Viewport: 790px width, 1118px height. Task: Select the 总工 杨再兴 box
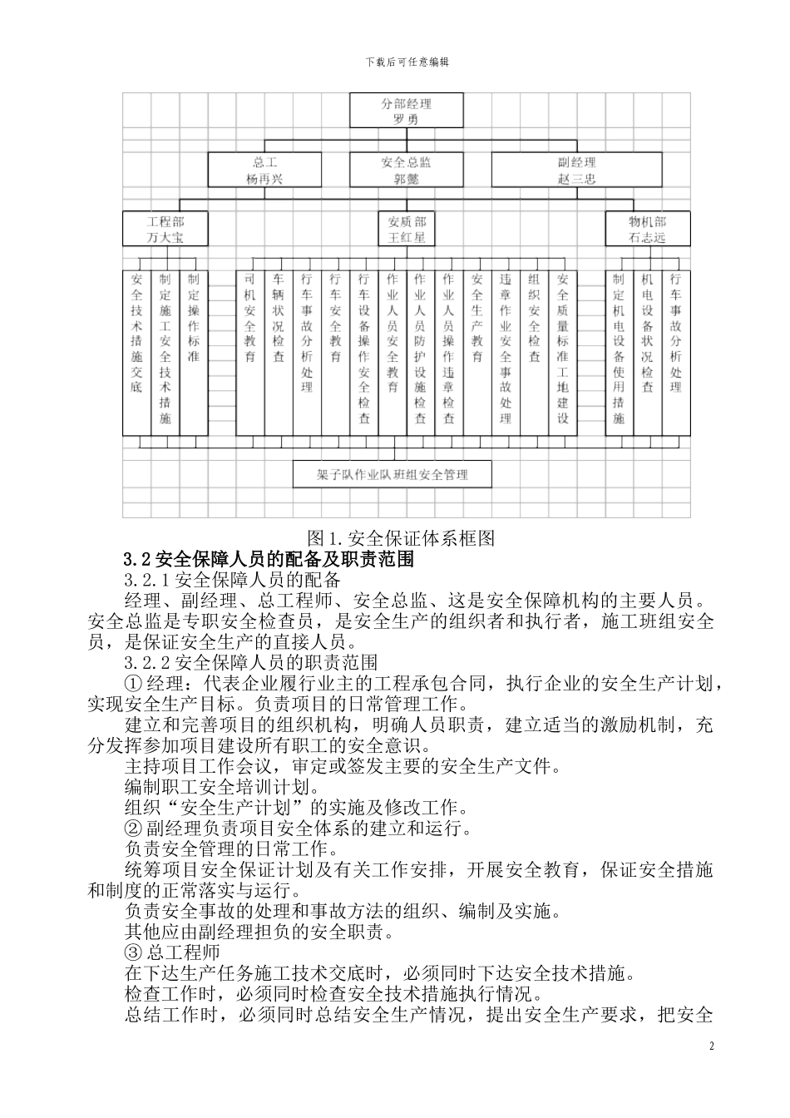(x=264, y=170)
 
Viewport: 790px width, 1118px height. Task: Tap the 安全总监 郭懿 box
(x=406, y=170)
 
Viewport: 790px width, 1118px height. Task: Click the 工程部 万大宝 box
(x=165, y=229)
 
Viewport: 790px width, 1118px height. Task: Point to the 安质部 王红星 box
(x=406, y=229)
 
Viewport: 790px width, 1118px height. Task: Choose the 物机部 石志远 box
(x=647, y=229)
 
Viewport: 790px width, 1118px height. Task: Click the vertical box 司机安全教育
(x=249, y=352)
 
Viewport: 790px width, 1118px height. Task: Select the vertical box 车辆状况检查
(x=279, y=352)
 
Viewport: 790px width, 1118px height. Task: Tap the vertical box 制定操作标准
(x=194, y=352)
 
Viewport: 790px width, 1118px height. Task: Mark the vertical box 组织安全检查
(x=534, y=352)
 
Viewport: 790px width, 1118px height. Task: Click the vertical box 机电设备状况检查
(x=647, y=352)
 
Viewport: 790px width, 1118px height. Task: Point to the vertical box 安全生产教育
(x=477, y=352)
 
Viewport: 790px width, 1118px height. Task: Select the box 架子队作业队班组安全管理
(x=393, y=474)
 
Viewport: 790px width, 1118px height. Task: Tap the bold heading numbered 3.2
(x=138, y=559)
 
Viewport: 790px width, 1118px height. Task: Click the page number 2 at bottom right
(x=712, y=1046)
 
